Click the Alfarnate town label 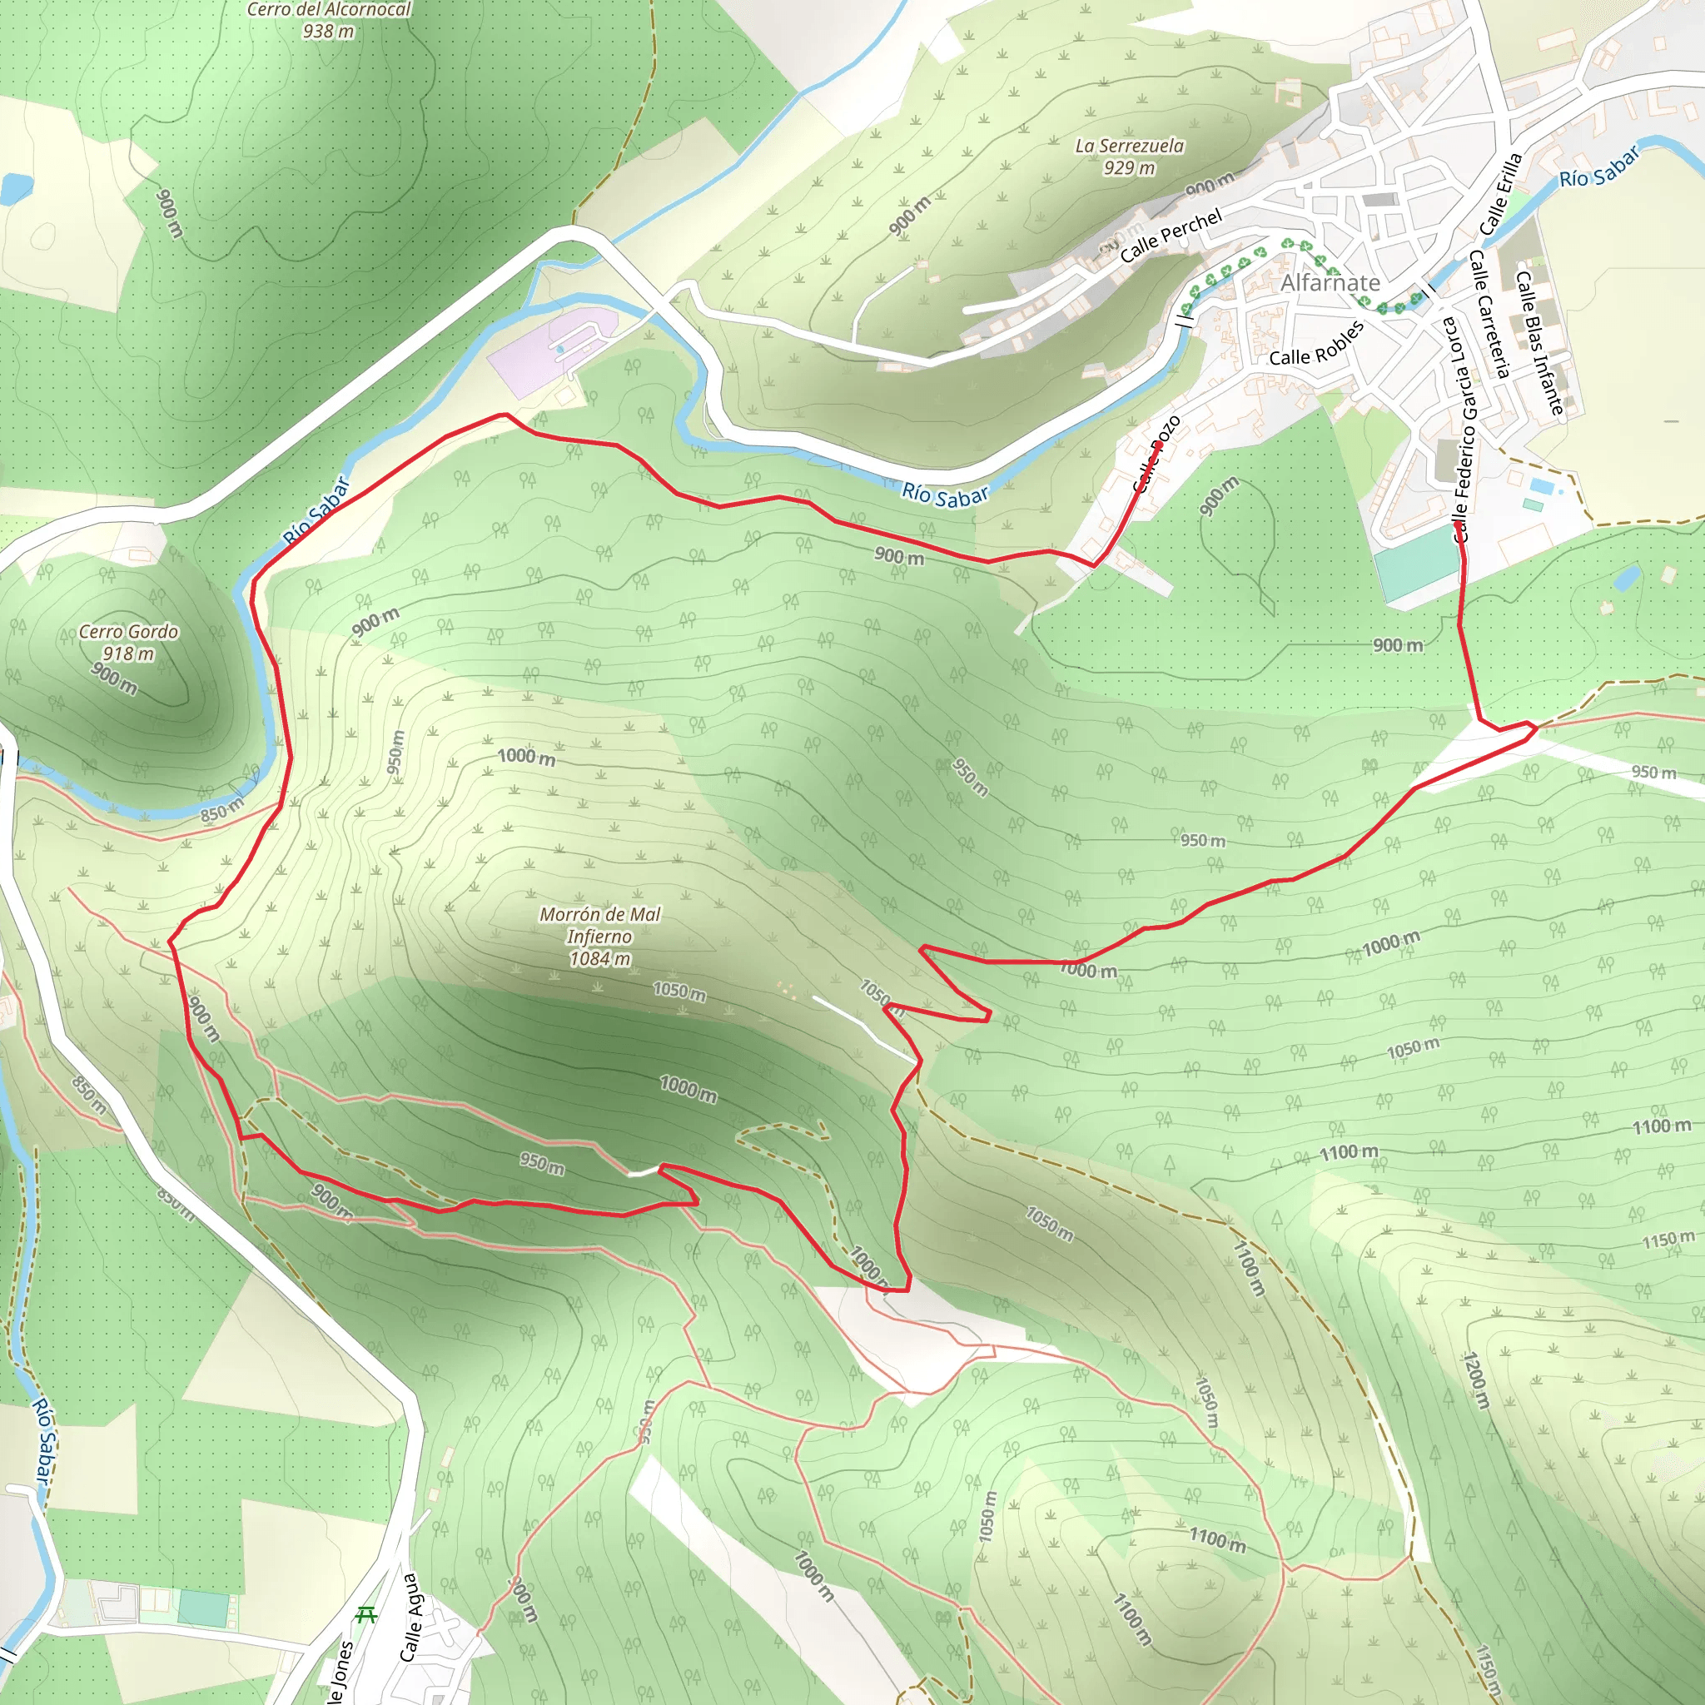[1330, 283]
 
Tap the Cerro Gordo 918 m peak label [129, 643]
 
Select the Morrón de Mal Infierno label [600, 926]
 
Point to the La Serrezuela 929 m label [1130, 157]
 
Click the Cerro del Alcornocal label [328, 11]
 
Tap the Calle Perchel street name [1171, 236]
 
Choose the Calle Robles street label [1317, 343]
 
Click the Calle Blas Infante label [1540, 342]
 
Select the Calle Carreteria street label [1489, 313]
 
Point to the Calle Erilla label [1502, 194]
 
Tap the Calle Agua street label [410, 1618]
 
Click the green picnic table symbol [365, 1615]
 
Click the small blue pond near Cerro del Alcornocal [15, 187]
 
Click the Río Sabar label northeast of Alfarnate [1599, 167]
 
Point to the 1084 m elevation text [600, 959]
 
